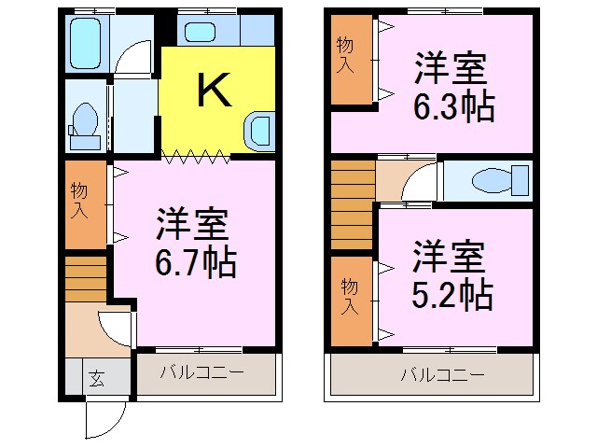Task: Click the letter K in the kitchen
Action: click(213, 91)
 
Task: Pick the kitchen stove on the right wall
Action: click(260, 129)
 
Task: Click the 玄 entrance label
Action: click(96, 378)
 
